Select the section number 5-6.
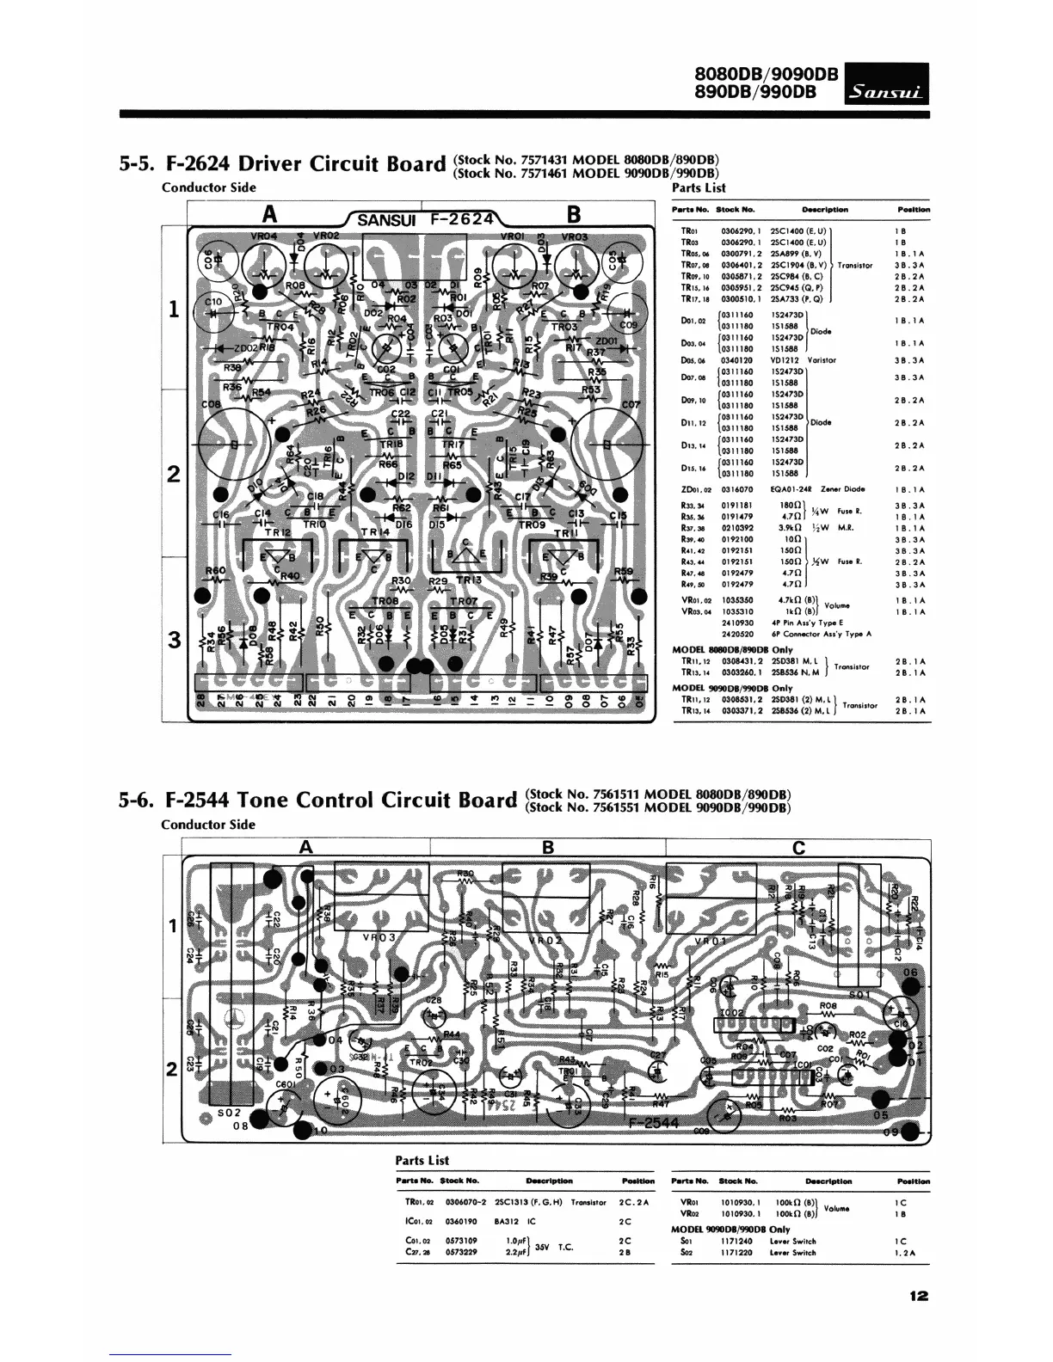pyautogui.click(x=136, y=801)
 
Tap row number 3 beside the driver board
pyautogui.click(x=175, y=640)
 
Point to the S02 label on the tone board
pyautogui.click(x=228, y=1111)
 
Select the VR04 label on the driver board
pyautogui.click(x=264, y=236)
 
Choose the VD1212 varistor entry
pyautogui.click(x=786, y=360)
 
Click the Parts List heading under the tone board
pyautogui.click(x=422, y=1160)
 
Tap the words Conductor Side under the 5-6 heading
pyautogui.click(x=208, y=825)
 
